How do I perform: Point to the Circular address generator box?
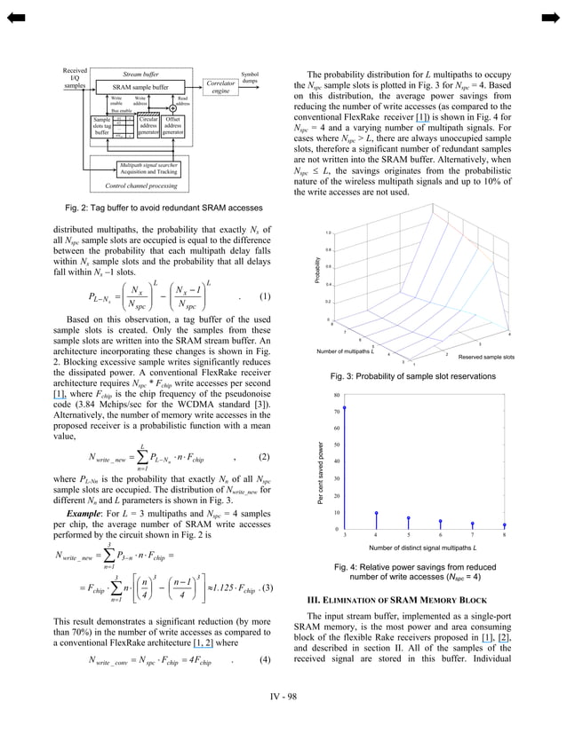[x=148, y=126]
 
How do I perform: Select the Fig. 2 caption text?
[x=162, y=207]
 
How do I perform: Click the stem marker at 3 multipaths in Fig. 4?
[x=345, y=408]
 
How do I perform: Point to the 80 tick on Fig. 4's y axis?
[x=336, y=395]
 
